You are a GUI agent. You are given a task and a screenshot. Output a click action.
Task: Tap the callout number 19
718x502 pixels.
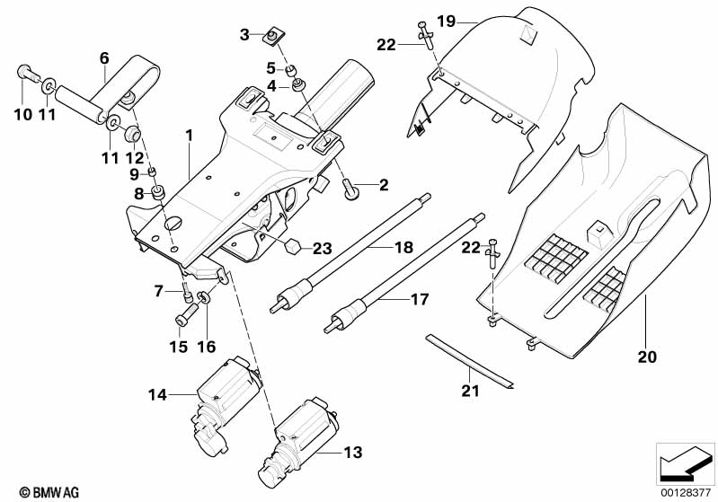point(447,20)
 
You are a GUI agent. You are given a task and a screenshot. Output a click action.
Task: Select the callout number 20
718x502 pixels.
point(647,357)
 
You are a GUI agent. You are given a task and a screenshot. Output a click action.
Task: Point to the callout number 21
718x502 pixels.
point(471,391)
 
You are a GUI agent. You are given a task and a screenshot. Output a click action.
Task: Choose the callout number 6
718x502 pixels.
point(104,57)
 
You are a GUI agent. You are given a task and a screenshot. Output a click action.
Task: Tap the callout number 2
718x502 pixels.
point(383,186)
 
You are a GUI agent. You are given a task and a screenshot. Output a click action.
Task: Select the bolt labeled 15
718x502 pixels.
point(185,314)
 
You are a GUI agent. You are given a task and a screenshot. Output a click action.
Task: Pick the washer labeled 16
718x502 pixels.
point(206,299)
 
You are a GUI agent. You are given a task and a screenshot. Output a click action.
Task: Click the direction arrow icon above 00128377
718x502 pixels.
point(687,462)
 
